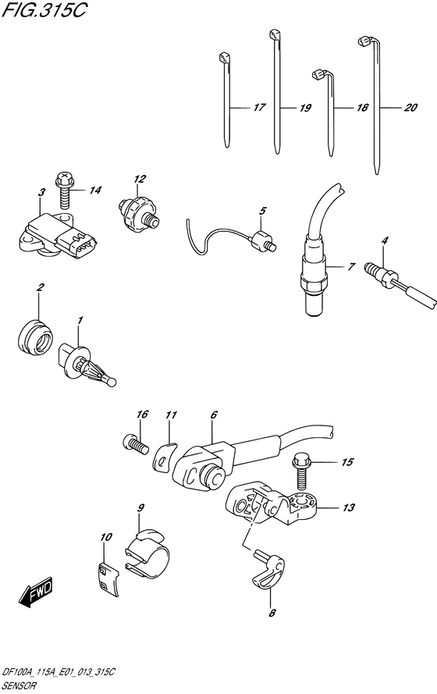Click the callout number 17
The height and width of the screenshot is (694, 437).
[260, 107]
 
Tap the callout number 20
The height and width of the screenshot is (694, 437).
[410, 107]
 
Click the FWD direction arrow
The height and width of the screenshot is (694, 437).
[36, 590]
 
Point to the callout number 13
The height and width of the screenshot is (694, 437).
[349, 507]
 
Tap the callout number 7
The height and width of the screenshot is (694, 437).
[351, 267]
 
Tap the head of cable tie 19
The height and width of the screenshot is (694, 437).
[275, 34]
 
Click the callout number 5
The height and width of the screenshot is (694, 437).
[262, 211]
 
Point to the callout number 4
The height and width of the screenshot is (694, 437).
[385, 241]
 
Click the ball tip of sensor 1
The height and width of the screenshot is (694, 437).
[112, 382]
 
